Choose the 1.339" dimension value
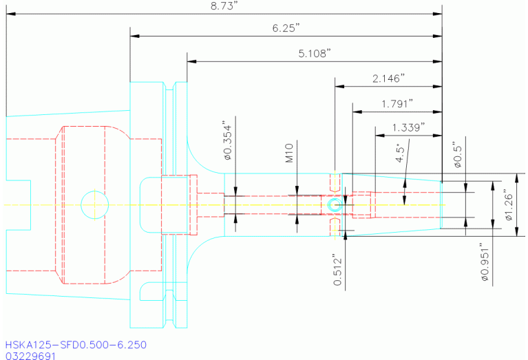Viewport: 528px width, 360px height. [x=408, y=127]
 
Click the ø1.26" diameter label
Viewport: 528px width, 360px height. [x=508, y=204]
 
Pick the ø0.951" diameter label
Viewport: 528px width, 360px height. [x=485, y=262]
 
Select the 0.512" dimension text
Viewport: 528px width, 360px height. [x=338, y=270]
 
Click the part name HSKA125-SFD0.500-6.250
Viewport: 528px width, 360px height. [x=76, y=344]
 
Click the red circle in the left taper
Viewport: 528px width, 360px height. [x=94, y=204]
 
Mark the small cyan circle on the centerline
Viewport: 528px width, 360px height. [x=335, y=204]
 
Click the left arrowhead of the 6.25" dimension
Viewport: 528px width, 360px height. [x=134, y=36]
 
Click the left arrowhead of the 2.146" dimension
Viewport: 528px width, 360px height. [x=339, y=87]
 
